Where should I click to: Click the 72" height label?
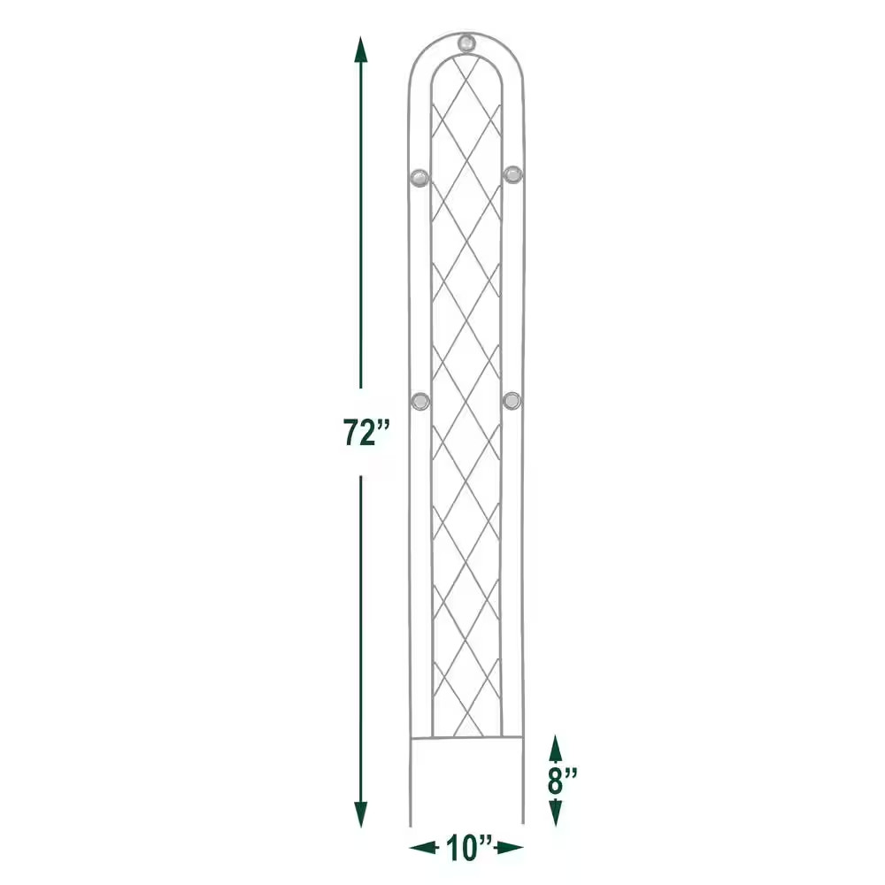(367, 433)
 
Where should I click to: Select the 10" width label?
(466, 848)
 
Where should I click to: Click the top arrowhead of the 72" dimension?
(360, 49)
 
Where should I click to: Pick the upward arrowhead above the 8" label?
(555, 745)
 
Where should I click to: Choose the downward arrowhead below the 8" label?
(555, 816)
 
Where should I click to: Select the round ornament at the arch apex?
(466, 42)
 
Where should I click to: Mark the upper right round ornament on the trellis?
(512, 173)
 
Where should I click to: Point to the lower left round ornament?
(421, 401)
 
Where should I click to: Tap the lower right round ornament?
(512, 401)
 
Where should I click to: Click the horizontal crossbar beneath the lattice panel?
(466, 737)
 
